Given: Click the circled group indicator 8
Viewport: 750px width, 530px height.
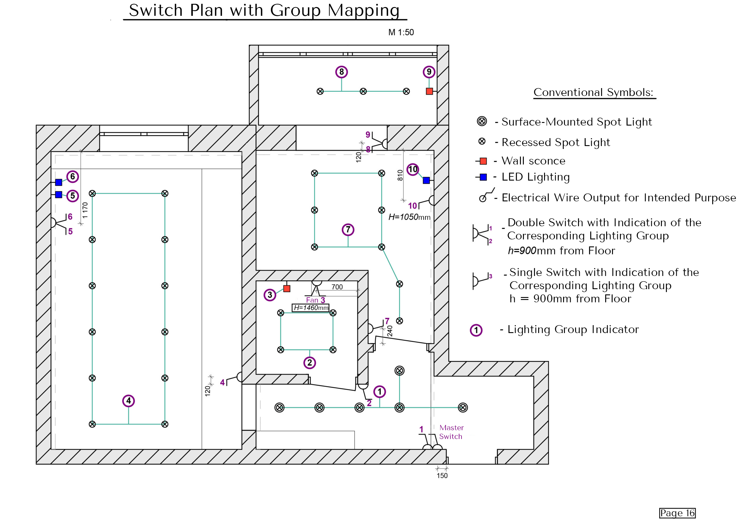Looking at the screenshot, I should coord(341,72).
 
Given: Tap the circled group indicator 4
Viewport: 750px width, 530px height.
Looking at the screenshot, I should coord(128,401).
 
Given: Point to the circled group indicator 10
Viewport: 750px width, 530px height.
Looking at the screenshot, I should coord(413,169).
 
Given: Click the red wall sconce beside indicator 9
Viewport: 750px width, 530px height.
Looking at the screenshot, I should coord(429,91).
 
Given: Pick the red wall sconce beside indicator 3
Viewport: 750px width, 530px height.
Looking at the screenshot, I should coord(287,289).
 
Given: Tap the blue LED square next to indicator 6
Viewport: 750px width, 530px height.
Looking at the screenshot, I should coord(59,182).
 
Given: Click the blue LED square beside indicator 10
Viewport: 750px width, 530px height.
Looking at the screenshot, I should coord(426,181).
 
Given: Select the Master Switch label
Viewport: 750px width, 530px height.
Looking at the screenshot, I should coord(451,432).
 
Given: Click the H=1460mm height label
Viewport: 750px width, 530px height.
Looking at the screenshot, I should coord(311,308).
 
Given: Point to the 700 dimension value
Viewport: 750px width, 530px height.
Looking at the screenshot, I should coord(337,287).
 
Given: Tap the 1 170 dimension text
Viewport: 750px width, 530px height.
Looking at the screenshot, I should coord(85,210).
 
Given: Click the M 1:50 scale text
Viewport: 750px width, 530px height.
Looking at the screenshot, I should coord(401,32).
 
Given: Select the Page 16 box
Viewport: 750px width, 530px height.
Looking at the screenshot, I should coord(677,513).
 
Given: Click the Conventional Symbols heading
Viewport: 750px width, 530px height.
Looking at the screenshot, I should coord(593,92).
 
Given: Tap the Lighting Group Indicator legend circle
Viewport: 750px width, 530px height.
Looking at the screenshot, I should coord(476,330).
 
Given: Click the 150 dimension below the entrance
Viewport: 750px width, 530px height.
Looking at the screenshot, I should coord(442,476).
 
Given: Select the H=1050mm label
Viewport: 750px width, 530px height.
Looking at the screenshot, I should coord(409,217).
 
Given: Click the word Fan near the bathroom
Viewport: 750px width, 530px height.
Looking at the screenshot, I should coord(312,300).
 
